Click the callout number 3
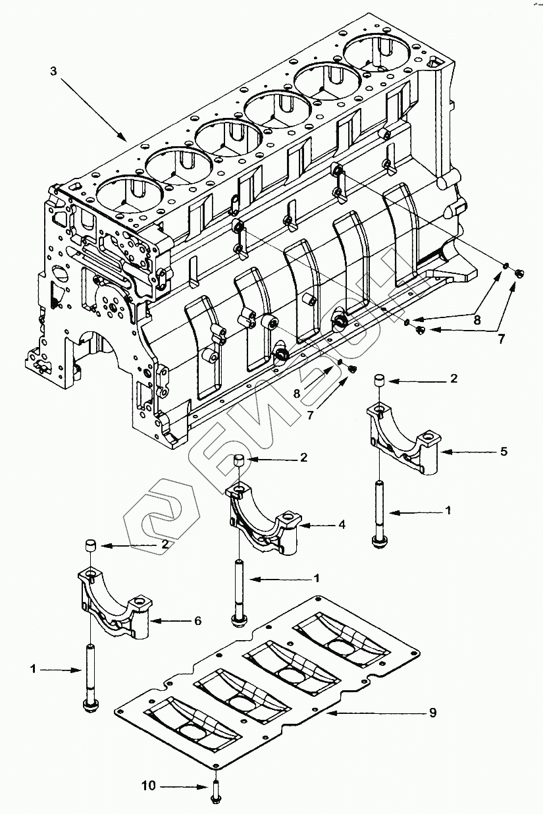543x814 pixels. tap(53, 71)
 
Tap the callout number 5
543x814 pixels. tap(503, 452)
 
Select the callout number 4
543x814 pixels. tap(342, 525)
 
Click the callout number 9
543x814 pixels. tap(432, 713)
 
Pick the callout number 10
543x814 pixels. tap(149, 785)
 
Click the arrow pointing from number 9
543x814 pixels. tap(375, 713)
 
